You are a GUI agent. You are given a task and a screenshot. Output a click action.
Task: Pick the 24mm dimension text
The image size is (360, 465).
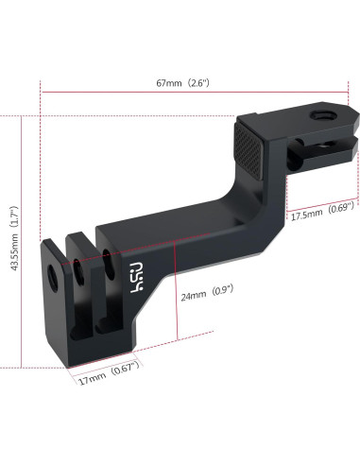(x=192, y=295)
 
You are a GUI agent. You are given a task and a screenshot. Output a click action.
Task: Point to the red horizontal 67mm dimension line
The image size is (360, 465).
(x=189, y=93)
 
